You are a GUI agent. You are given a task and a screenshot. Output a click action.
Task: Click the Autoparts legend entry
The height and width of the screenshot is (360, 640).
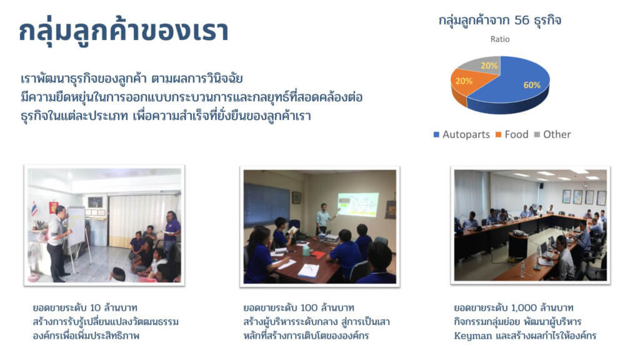pos(462,134)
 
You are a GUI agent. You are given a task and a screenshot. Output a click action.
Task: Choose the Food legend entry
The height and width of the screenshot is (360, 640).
pos(512,134)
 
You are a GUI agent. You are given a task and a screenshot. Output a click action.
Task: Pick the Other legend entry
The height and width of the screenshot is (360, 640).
pos(552,134)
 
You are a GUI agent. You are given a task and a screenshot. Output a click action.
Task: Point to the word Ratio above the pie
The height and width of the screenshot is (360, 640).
pos(500,39)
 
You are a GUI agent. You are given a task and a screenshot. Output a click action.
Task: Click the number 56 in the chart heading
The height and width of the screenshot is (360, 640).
pos(522,20)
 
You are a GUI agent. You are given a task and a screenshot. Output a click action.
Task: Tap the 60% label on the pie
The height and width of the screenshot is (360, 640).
pos(532,85)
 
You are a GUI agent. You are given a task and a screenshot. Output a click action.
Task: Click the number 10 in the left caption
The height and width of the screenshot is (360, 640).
pos(95,307)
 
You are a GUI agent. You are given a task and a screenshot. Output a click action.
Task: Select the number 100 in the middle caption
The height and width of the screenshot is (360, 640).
pos(309,307)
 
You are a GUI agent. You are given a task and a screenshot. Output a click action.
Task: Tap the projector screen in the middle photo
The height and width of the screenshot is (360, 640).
pos(358,204)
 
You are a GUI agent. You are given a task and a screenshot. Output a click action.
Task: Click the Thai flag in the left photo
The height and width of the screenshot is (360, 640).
pos(34,209)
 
